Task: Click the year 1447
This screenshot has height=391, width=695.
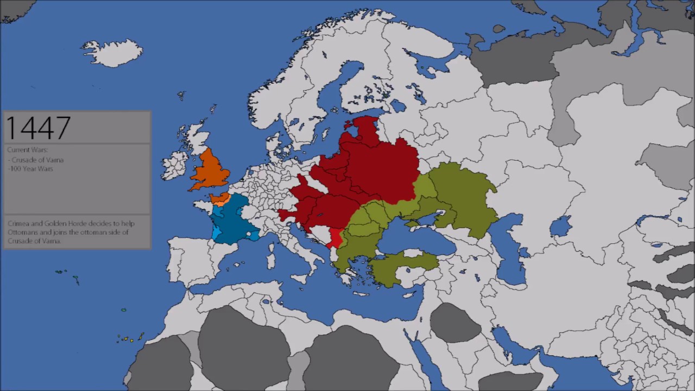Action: [38, 128]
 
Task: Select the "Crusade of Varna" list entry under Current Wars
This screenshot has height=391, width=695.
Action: [37, 160]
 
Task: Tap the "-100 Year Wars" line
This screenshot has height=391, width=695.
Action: [30, 169]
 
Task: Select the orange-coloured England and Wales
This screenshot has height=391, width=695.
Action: [210, 171]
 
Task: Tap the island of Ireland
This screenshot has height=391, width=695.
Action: [174, 165]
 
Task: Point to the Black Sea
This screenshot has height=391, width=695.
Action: [413, 239]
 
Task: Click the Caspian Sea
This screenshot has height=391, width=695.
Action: [508, 250]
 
